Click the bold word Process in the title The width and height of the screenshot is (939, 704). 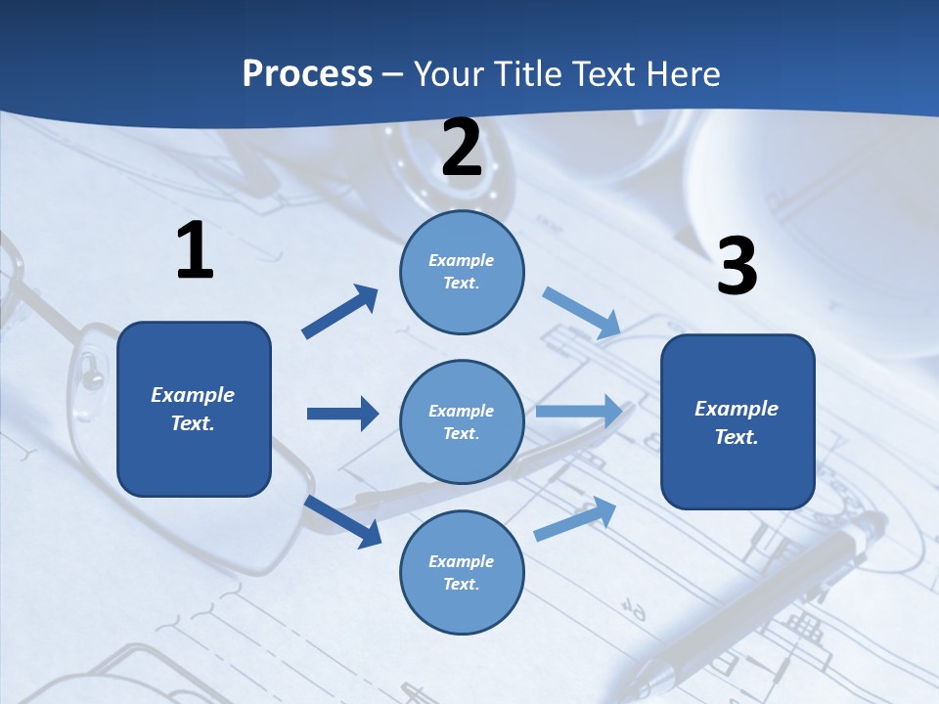coord(307,74)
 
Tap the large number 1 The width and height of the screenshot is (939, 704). coord(195,251)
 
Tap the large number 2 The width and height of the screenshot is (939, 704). coord(462,148)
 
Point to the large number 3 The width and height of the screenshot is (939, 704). coord(737,266)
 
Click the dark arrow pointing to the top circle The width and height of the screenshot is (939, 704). coord(340,312)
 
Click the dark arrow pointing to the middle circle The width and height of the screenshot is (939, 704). coord(342,414)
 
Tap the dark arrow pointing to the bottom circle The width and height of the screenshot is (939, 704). coord(343,521)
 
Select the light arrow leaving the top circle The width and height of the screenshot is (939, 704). coord(582,313)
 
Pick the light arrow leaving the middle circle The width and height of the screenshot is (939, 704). coord(578,412)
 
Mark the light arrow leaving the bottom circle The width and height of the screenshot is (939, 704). coord(575,519)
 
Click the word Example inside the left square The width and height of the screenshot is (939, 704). coord(193,395)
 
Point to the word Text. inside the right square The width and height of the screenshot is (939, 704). coord(737,437)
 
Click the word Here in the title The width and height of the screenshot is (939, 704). coord(685,74)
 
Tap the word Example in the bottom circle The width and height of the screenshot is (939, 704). coord(462,561)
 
